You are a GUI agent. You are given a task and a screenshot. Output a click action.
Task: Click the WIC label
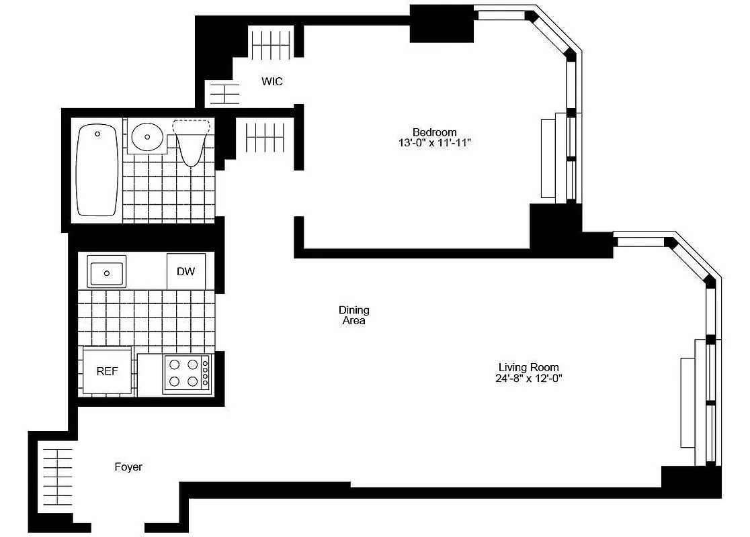(272, 82)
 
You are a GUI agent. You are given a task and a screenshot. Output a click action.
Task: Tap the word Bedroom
(434, 132)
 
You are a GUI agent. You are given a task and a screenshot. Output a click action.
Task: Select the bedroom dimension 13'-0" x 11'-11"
(434, 143)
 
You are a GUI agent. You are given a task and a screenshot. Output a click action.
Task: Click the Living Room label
(528, 367)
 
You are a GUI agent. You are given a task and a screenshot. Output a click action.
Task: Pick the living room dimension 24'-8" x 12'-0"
(528, 378)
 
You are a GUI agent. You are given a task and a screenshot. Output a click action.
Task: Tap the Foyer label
(128, 467)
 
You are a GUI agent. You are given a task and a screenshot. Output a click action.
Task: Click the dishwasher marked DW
(186, 271)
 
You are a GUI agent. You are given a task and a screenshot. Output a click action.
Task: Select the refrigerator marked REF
(107, 371)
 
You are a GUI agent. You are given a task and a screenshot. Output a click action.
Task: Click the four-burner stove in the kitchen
(187, 374)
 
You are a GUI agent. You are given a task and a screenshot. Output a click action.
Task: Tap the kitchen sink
(106, 273)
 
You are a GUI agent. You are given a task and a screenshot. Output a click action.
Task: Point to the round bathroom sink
(147, 138)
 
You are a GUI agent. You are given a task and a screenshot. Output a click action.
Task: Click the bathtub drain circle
(98, 134)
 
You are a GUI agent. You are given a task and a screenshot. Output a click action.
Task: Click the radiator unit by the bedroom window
(549, 158)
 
